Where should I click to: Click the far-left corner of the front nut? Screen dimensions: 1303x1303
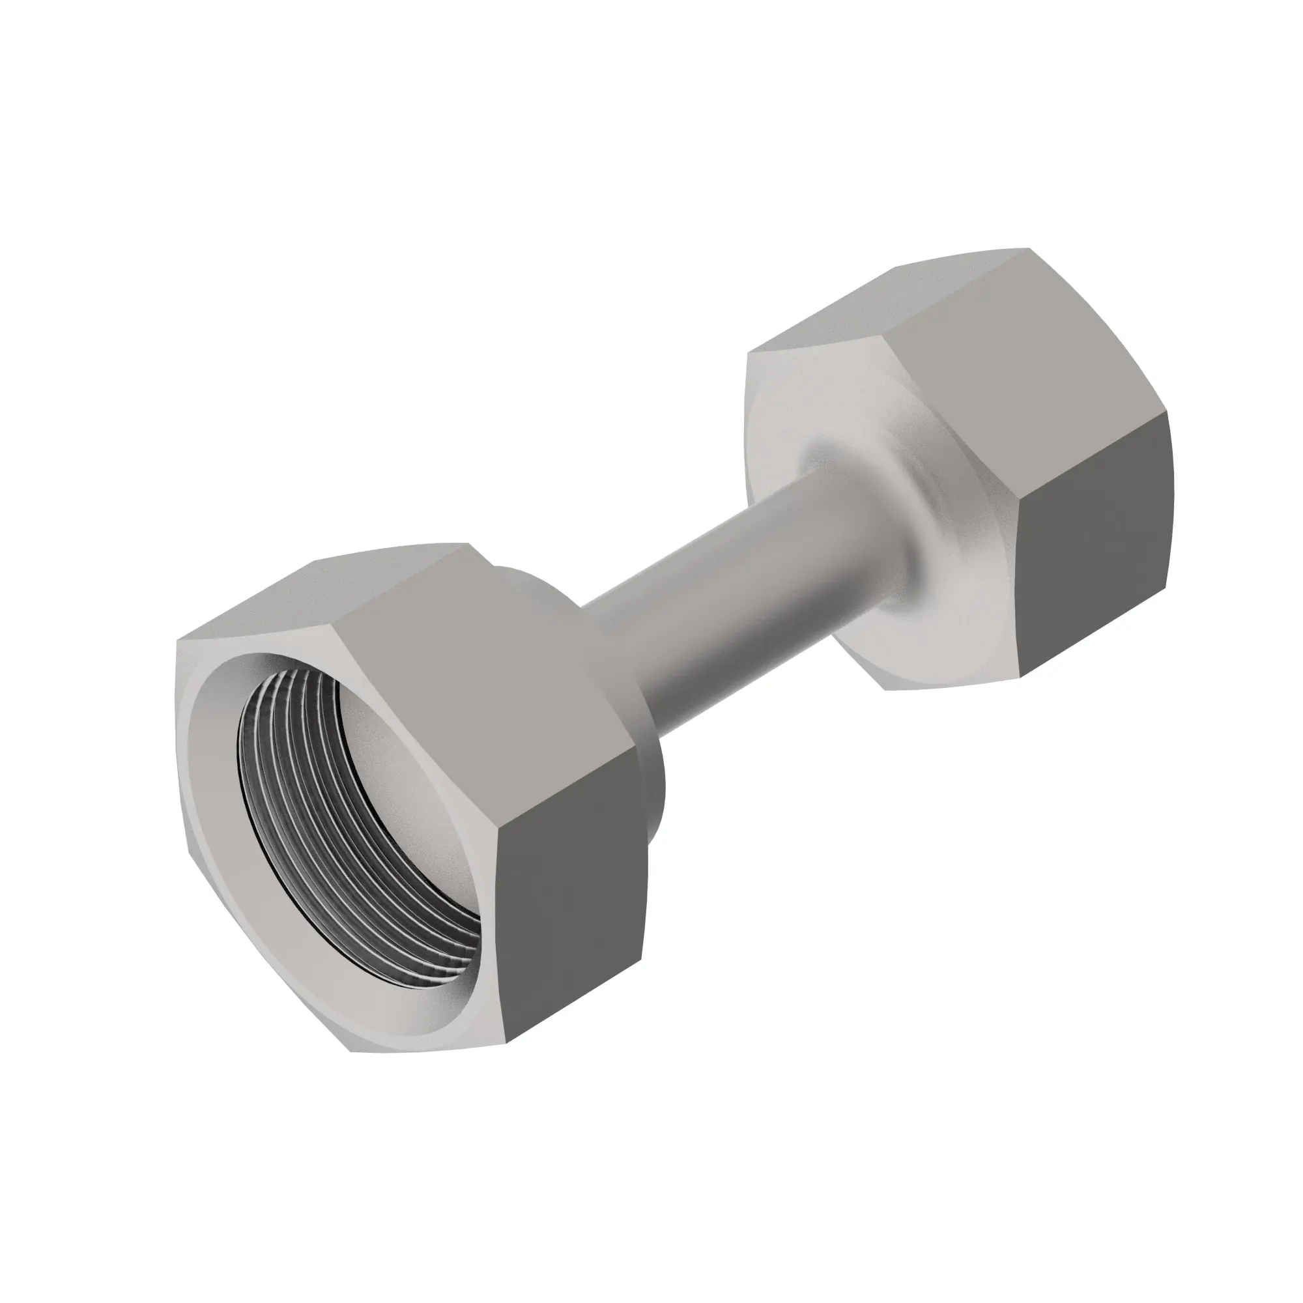point(177,640)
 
